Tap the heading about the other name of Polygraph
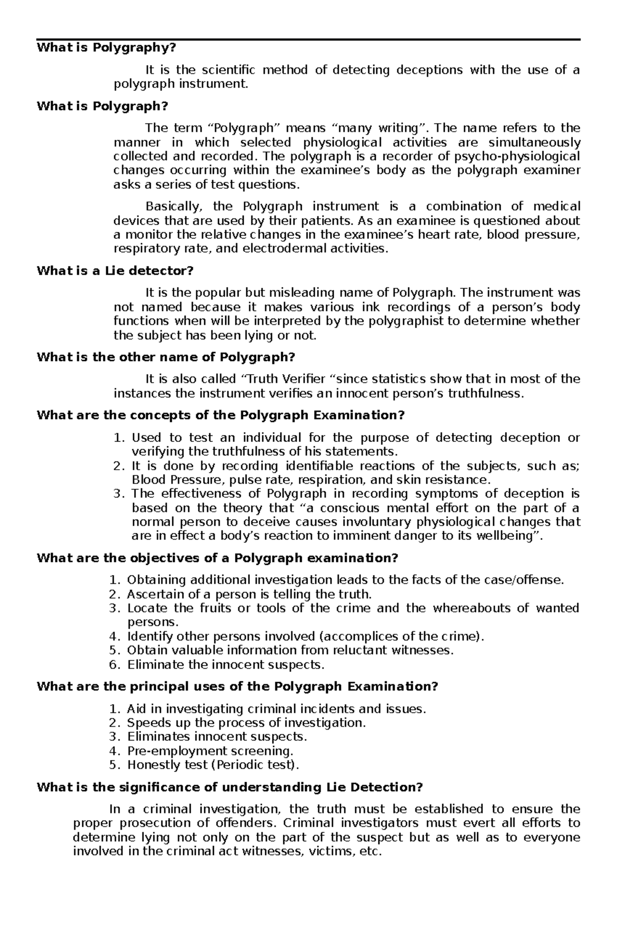click(x=166, y=357)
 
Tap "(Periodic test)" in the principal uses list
click(x=255, y=765)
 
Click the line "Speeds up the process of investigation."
click(x=246, y=723)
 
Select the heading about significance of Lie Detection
click(x=229, y=787)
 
